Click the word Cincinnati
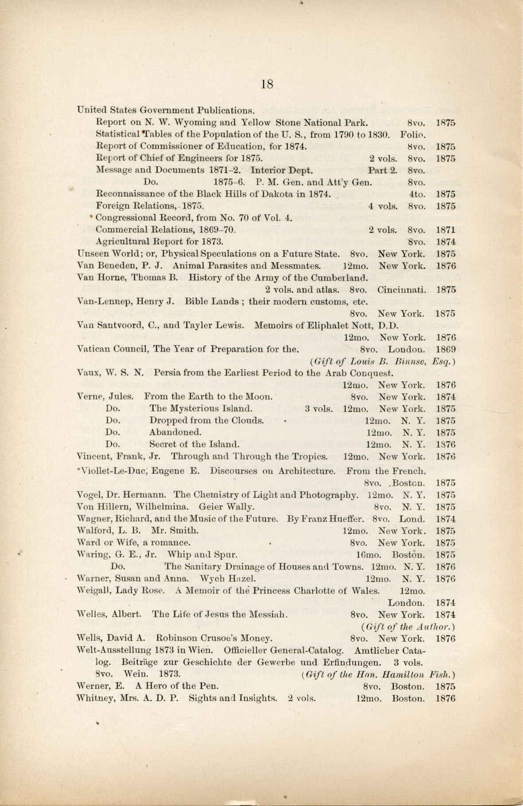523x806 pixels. [x=402, y=290]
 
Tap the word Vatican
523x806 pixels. [x=93, y=349]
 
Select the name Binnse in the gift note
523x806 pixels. [x=410, y=361]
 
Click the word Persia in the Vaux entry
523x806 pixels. [x=167, y=373]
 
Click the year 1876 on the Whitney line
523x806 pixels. [x=446, y=699]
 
